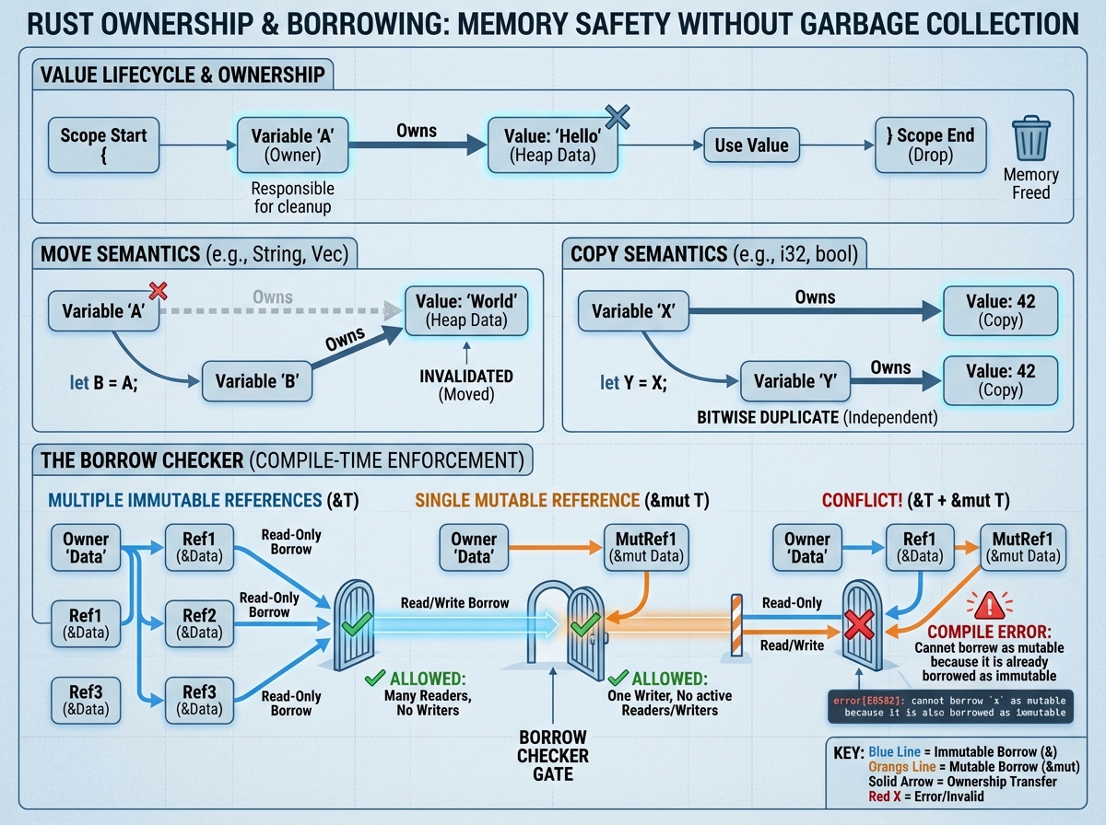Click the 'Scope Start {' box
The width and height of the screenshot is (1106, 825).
pyautogui.click(x=103, y=145)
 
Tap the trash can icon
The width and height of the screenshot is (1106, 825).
pyautogui.click(x=1030, y=139)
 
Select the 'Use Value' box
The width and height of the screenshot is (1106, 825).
pyautogui.click(x=752, y=145)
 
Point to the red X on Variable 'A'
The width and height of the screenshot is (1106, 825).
pyautogui.click(x=158, y=292)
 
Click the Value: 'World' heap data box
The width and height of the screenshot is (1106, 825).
pyautogui.click(x=467, y=310)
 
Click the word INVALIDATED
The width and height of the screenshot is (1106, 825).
pyautogui.click(x=466, y=377)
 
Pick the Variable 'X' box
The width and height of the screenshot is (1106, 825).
pyautogui.click(x=634, y=310)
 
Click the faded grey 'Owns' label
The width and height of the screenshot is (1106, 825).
pyautogui.click(x=273, y=297)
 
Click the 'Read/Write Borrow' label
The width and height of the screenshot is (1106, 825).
pyautogui.click(x=454, y=603)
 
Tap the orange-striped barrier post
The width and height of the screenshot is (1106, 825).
pyautogui.click(x=736, y=625)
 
